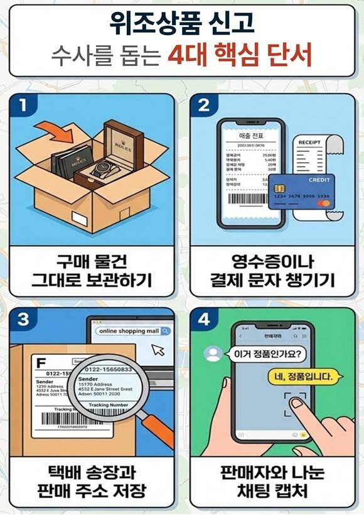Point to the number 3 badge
(24, 319)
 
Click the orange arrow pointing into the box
(55, 134)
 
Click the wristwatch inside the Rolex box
(103, 168)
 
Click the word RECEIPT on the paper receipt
(309, 142)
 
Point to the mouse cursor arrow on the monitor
(158, 350)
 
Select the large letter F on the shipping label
(42, 363)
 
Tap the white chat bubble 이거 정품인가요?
(267, 354)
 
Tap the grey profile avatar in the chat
(213, 354)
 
